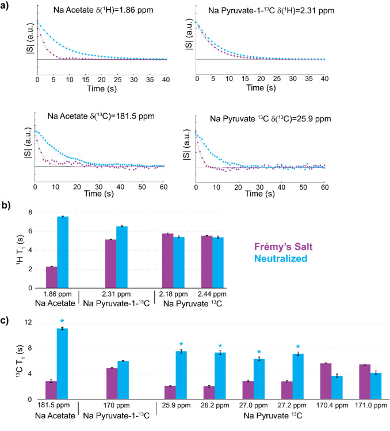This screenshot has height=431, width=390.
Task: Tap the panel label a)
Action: coord(6,6)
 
